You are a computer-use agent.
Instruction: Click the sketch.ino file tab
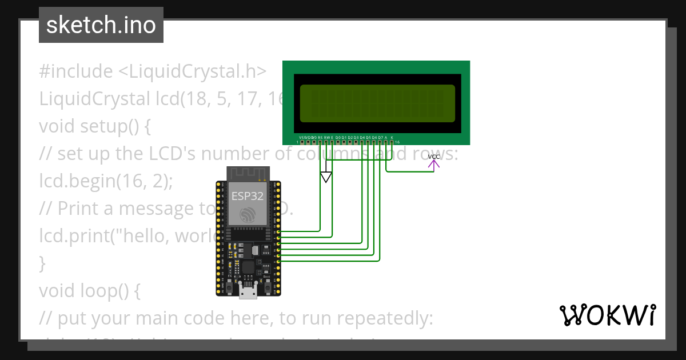pyautogui.click(x=101, y=25)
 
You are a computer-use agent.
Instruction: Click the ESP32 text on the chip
pyautogui.click(x=248, y=196)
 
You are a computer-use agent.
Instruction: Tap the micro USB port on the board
pyautogui.click(x=248, y=293)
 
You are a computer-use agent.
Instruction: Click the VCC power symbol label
pyautogui.click(x=434, y=157)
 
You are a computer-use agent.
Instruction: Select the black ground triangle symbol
pyautogui.click(x=326, y=177)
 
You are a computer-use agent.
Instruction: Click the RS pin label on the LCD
pyautogui.click(x=320, y=137)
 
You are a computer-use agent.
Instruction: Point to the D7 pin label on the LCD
pyautogui.click(x=381, y=137)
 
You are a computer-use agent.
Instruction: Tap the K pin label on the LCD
pyautogui.click(x=392, y=137)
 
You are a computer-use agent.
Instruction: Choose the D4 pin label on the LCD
pyautogui.click(x=362, y=137)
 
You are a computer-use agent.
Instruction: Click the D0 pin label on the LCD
pyautogui.click(x=338, y=137)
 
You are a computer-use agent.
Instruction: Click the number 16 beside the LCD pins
pyautogui.click(x=397, y=142)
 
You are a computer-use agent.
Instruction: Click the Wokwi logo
pyautogui.click(x=607, y=315)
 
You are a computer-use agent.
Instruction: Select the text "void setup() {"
pyautogui.click(x=95, y=126)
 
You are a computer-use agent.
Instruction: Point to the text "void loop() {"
pyautogui.click(x=90, y=291)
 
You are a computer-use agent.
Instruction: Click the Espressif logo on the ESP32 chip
pyautogui.click(x=248, y=215)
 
